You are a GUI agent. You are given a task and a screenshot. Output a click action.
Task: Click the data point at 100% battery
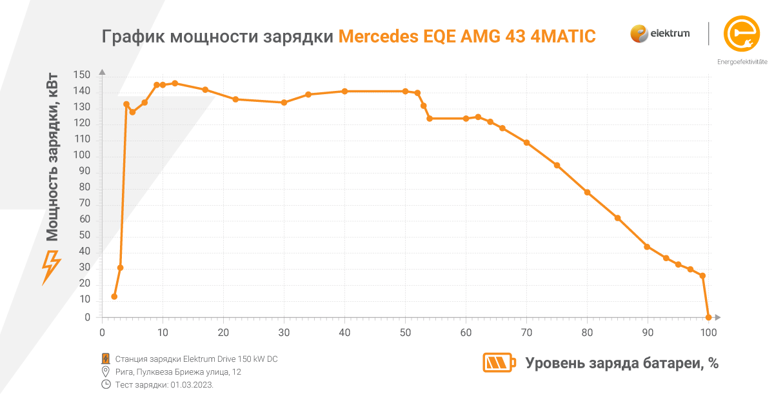708,317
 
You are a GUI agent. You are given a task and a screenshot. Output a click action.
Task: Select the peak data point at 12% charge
175,83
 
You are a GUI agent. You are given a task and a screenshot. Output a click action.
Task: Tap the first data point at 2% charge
114,297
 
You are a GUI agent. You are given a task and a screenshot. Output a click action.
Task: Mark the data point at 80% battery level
587,192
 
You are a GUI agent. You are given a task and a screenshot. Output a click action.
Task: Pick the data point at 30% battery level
284,103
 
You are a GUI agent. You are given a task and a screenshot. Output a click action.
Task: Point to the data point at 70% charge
526,143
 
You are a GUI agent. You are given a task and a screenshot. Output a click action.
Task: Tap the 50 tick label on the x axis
405,333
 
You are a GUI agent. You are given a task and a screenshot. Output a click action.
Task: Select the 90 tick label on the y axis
84,172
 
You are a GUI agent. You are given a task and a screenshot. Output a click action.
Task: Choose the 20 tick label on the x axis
223,333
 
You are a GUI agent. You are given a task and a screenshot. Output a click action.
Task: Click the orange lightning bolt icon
51,267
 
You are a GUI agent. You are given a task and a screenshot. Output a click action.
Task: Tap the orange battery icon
499,362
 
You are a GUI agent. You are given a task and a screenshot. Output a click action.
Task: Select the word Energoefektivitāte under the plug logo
742,62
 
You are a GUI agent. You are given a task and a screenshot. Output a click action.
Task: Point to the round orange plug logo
742,33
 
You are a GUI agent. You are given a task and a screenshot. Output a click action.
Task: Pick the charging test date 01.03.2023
192,385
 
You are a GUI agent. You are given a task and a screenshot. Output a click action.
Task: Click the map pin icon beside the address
106,372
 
